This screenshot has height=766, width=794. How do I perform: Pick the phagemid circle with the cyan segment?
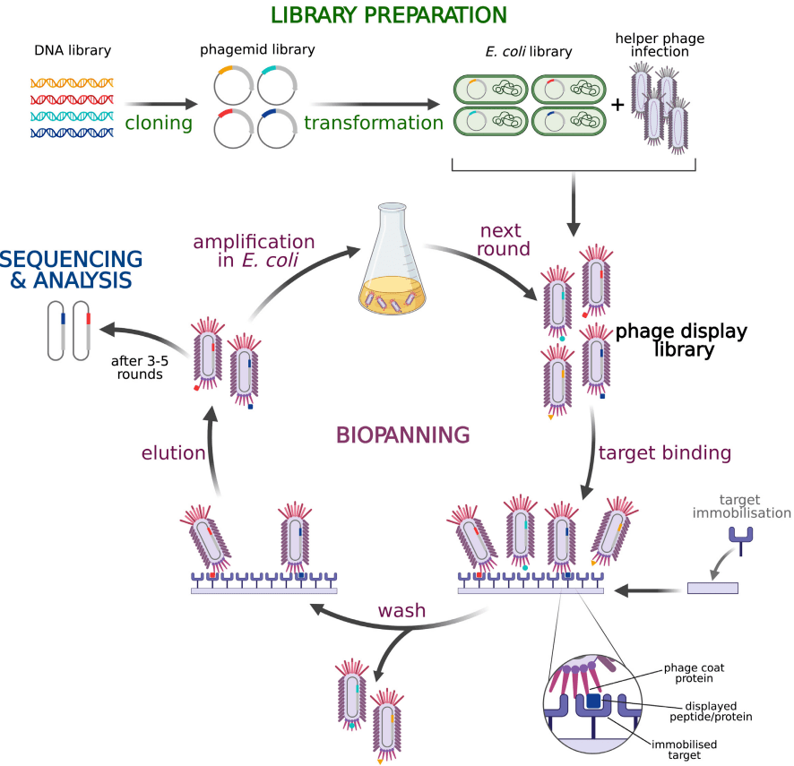pos(277,85)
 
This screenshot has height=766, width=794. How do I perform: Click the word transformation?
pos(374,123)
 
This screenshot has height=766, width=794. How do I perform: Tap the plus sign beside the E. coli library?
pos(617,105)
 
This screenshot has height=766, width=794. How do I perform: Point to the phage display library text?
pos(680,340)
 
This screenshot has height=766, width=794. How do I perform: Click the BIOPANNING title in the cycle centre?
pos(402,435)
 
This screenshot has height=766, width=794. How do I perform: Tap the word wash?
pos(401,612)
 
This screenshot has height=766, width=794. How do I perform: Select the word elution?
pos(173,452)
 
